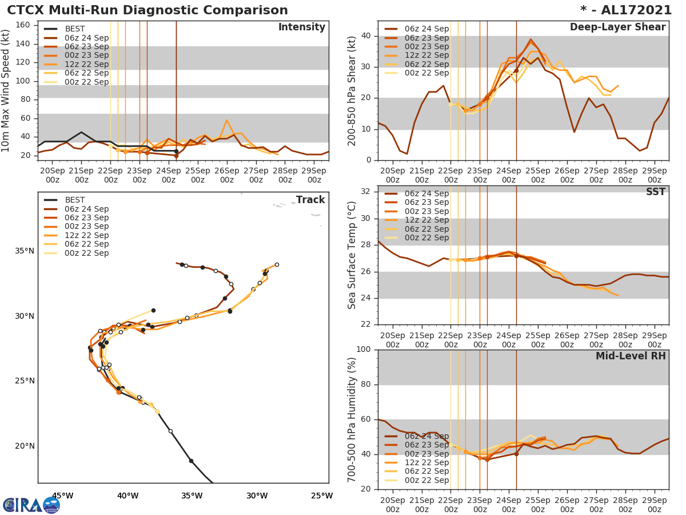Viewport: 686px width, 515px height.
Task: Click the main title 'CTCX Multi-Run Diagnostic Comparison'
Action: click(x=147, y=10)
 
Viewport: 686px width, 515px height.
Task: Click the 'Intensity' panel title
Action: click(x=301, y=27)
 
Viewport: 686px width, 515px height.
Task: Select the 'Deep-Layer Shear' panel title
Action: click(x=617, y=27)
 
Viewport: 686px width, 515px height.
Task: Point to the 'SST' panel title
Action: click(x=655, y=192)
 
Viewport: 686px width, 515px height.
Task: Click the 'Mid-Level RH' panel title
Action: click(x=631, y=356)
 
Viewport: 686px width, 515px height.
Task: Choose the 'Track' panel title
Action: click(x=310, y=200)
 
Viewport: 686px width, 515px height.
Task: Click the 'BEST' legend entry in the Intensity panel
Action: click(x=75, y=29)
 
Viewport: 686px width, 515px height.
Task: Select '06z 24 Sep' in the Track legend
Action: click(x=86, y=209)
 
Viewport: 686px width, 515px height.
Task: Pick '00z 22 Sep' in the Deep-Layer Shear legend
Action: click(x=426, y=73)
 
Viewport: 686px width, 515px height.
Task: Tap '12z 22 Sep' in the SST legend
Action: click(x=426, y=220)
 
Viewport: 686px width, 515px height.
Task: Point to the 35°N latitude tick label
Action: click(x=25, y=251)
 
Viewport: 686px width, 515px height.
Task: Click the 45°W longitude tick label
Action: click(x=62, y=496)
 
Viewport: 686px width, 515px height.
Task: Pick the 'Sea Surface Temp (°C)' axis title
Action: click(x=353, y=255)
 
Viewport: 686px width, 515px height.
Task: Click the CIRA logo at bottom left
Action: click(x=31, y=505)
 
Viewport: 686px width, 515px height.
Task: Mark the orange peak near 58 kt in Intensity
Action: click(x=226, y=120)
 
